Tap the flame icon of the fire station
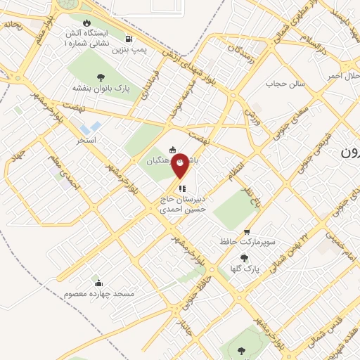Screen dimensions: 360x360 point(86,22)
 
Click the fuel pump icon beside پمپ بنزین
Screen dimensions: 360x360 point(128,39)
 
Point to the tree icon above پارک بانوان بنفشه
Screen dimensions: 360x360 point(103,77)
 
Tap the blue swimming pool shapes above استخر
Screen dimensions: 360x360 point(90,129)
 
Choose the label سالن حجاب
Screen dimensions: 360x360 point(283,84)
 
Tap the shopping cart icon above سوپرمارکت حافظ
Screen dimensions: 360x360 point(246,232)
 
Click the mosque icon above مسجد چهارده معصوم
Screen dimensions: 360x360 point(98,282)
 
